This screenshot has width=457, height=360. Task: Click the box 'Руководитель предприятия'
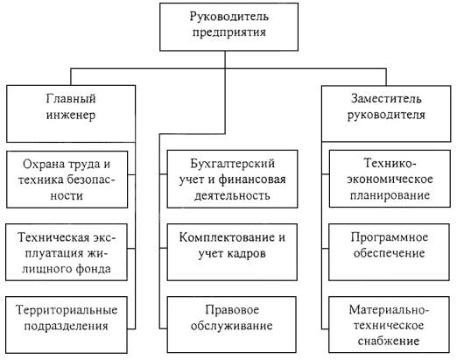coord(228,27)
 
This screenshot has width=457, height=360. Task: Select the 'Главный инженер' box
coord(71,114)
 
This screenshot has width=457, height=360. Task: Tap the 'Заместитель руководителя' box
coord(386,114)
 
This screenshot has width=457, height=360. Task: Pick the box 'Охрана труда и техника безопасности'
coord(67,180)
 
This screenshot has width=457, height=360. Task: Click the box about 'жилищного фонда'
coord(67,252)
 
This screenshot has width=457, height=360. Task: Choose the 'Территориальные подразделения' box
coord(67,325)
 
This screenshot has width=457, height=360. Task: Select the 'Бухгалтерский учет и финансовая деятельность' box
coord(232,179)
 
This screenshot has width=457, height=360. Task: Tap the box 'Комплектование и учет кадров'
coord(232,252)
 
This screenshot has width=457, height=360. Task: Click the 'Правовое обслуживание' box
coord(232,325)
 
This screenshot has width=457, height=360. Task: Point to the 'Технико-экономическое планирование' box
coord(390,179)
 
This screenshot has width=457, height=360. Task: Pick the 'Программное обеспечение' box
coord(390,252)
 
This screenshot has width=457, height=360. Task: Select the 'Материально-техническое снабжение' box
coord(389,325)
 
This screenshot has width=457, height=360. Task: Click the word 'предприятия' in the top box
coord(229,32)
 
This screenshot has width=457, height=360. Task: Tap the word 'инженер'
coord(71,116)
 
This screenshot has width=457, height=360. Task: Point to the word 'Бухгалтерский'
coord(233,164)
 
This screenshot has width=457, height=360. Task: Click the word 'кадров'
coord(246,254)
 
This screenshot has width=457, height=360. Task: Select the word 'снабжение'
coord(389,341)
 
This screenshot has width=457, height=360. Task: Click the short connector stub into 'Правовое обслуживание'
coord(163,328)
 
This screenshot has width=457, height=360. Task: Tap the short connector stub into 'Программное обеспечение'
coord(325,249)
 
